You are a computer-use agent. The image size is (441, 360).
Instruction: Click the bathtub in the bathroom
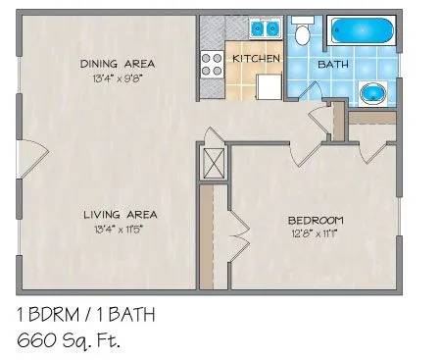[362, 30]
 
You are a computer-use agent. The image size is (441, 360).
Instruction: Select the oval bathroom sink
[372, 93]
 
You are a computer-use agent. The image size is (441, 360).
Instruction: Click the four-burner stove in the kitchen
[212, 65]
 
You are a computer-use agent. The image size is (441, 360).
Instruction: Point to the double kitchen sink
[266, 28]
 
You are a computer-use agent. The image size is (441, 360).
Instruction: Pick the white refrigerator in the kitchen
[269, 86]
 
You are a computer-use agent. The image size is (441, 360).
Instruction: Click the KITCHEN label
[256, 59]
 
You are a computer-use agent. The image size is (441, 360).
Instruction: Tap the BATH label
[333, 64]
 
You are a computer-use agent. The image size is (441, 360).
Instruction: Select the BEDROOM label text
[316, 221]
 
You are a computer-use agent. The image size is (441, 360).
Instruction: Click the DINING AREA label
[118, 64]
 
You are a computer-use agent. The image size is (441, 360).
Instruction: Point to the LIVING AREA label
[121, 215]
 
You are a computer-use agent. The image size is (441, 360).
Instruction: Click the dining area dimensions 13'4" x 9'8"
[119, 78]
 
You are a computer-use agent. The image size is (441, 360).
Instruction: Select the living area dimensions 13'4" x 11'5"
[119, 230]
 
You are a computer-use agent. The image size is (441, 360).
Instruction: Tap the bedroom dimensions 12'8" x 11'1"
[314, 234]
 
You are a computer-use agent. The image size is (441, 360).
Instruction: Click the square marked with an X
[214, 163]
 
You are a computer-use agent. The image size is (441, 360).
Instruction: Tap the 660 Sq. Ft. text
[69, 341]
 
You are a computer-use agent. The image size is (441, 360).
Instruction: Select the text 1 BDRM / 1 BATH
[85, 315]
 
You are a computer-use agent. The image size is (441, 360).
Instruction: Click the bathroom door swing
[310, 90]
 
